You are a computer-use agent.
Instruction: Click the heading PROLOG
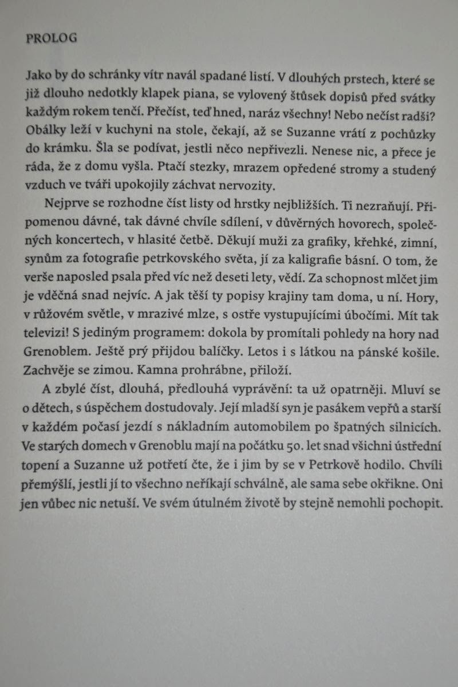point(52,38)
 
